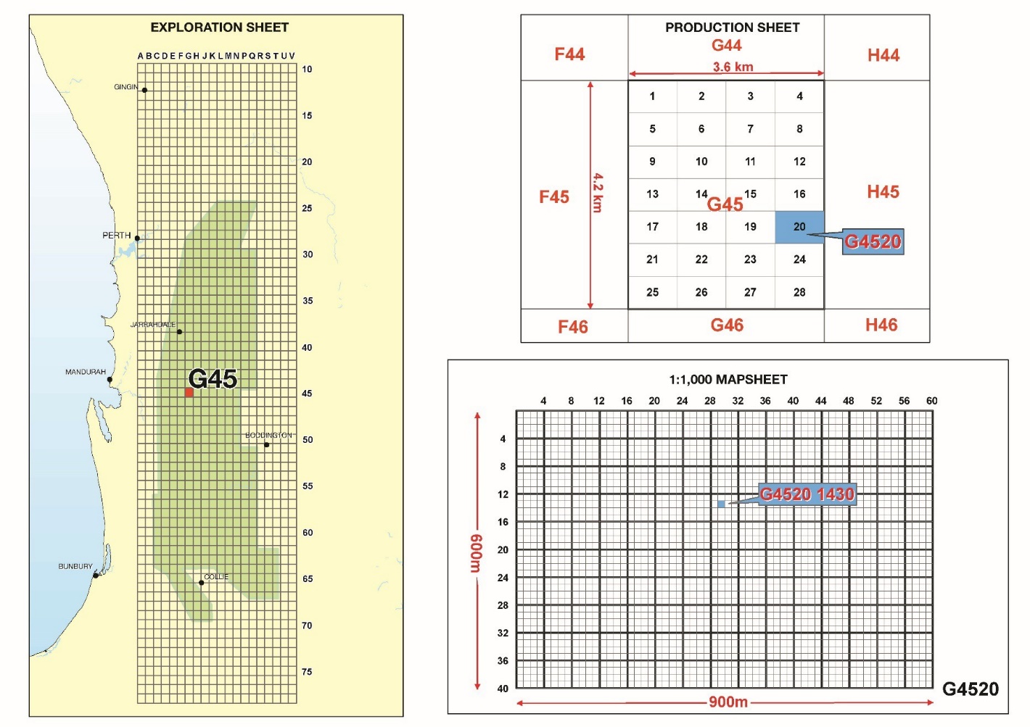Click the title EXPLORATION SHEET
pos(219,28)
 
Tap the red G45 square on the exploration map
pos(189,393)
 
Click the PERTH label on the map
pos(116,236)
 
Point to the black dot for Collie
pos(202,583)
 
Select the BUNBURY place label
pos(75,567)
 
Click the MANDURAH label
pos(86,372)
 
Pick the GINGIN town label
pos(125,87)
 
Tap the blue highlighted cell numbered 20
pos(799,227)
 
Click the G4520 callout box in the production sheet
pos(873,241)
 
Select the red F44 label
pos(569,54)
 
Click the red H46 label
pos(881,325)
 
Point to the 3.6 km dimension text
pos(733,67)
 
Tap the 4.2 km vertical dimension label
pos(598,192)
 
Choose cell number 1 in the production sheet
pos(652,96)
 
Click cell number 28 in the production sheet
pos(799,293)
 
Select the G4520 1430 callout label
pos(807,494)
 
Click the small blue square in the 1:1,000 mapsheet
pos(721,504)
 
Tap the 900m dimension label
pos(728,702)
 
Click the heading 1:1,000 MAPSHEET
pos(728,380)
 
